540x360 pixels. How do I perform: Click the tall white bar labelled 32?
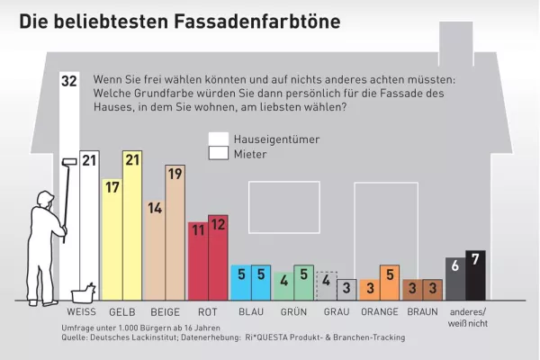[68, 180]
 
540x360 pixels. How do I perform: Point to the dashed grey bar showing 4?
[328, 285]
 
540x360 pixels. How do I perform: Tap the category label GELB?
[122, 312]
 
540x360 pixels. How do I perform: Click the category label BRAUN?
[422, 312]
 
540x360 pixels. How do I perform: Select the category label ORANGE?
[379, 312]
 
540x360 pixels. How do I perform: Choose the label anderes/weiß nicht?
[467, 317]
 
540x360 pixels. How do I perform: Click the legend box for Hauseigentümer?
[218, 139]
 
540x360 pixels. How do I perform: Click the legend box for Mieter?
[218, 154]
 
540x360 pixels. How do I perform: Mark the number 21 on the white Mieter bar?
[89, 160]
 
